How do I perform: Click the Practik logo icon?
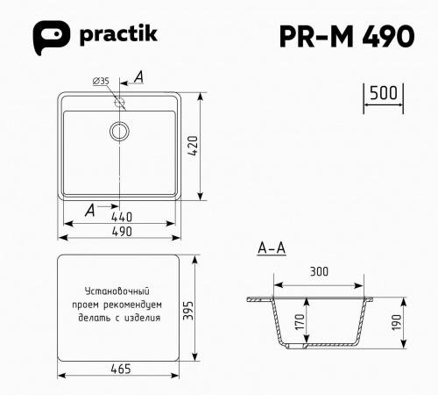50,35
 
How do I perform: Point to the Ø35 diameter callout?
101,81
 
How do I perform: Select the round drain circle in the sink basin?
119,131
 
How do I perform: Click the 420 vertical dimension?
194,147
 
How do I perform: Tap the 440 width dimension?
121,216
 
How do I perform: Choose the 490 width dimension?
121,232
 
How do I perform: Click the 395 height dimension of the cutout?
194,308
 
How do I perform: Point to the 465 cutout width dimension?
121,369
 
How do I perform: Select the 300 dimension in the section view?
319,272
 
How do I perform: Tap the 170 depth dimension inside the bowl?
300,321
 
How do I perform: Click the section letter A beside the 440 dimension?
91,209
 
